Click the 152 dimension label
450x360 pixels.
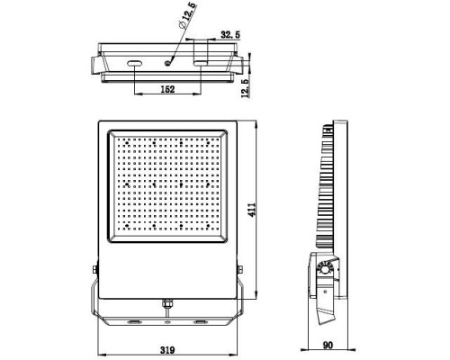click(x=166, y=91)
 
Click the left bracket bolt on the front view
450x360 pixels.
click(x=94, y=268)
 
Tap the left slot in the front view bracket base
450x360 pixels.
click(x=133, y=320)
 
